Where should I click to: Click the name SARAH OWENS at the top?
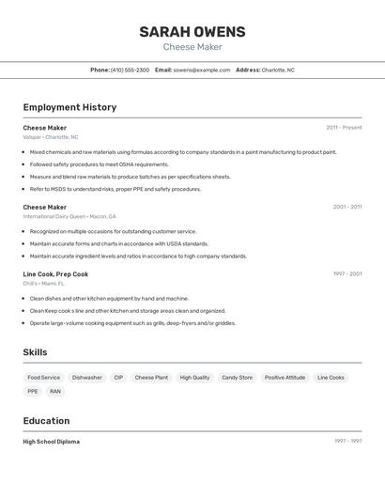tap(192, 31)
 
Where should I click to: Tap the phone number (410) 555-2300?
tap(130, 70)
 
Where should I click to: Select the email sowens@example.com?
tap(201, 70)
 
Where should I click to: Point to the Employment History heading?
tap(69, 107)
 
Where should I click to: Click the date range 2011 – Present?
tap(344, 128)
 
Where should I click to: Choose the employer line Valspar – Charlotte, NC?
tap(52, 137)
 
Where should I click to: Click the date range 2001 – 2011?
tap(347, 207)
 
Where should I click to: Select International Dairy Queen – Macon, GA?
tap(69, 216)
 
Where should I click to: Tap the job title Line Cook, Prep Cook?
tap(55, 274)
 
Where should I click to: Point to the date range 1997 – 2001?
tap(347, 274)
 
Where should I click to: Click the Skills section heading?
tap(35, 352)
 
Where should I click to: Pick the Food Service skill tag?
tap(44, 378)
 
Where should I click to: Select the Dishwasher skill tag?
tap(87, 378)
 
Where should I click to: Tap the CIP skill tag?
tap(118, 378)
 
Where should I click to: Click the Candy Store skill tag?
tap(237, 378)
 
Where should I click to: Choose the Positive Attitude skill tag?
tap(285, 378)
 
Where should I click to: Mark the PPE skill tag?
tap(33, 391)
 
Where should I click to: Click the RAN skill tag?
tap(55, 391)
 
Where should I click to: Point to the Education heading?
tap(46, 421)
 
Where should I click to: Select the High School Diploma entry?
tap(51, 442)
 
